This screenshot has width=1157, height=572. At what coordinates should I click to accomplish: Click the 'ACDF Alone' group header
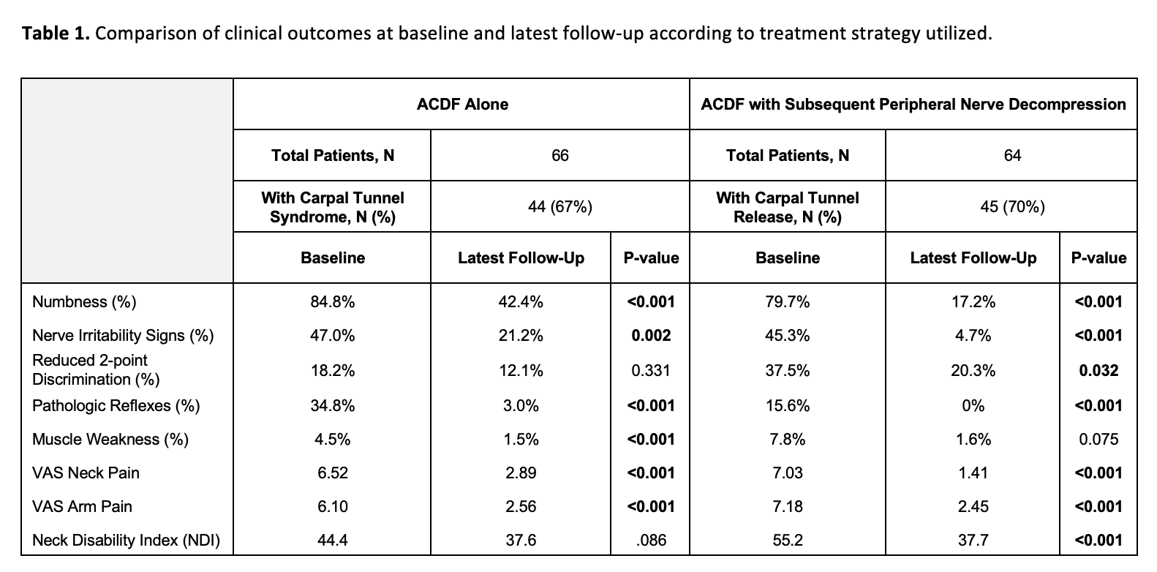click(x=462, y=105)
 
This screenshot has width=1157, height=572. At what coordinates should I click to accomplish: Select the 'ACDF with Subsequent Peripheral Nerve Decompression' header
click(x=913, y=105)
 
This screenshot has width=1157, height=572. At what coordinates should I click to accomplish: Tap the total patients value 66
click(x=560, y=155)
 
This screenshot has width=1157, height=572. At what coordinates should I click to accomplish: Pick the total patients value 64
click(x=1012, y=155)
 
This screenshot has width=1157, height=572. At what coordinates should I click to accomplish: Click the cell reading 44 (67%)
click(x=560, y=207)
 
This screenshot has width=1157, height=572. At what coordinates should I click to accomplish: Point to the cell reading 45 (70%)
click(x=1012, y=207)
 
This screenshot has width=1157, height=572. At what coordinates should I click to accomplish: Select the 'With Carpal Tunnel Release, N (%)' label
click(x=788, y=207)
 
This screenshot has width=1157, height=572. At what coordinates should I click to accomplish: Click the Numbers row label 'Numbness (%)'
click(x=84, y=302)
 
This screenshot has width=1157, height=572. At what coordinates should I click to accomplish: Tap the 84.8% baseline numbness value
click(x=333, y=302)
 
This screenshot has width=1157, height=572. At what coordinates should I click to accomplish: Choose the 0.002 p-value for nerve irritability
click(x=651, y=335)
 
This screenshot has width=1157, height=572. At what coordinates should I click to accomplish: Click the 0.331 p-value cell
click(x=651, y=370)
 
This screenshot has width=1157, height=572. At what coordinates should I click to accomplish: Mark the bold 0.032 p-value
click(x=1098, y=370)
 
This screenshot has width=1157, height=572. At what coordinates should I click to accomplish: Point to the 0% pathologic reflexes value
click(x=973, y=406)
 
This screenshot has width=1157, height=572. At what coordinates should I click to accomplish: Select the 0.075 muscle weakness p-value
click(x=1098, y=439)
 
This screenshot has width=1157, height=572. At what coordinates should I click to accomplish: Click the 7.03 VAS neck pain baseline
click(x=788, y=473)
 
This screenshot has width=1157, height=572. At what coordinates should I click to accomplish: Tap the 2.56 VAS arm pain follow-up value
click(x=521, y=506)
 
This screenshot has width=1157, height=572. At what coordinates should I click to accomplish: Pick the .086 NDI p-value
click(x=651, y=540)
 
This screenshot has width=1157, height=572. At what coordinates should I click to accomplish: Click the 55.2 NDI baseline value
click(x=788, y=540)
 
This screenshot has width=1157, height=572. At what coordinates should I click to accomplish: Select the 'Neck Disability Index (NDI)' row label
click(x=126, y=541)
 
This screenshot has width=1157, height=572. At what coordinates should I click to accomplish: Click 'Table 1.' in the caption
click(x=56, y=33)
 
